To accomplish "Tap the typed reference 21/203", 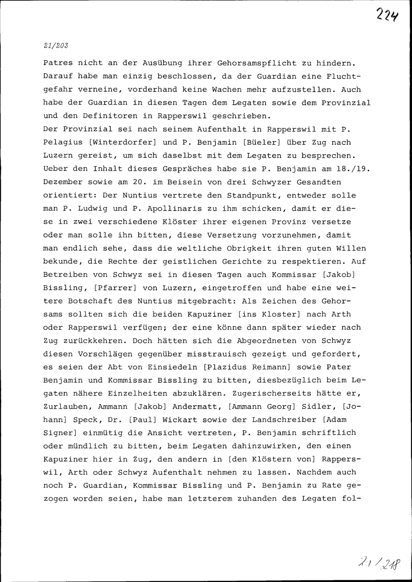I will [x=55, y=46].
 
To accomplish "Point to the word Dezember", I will [x=63, y=182].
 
